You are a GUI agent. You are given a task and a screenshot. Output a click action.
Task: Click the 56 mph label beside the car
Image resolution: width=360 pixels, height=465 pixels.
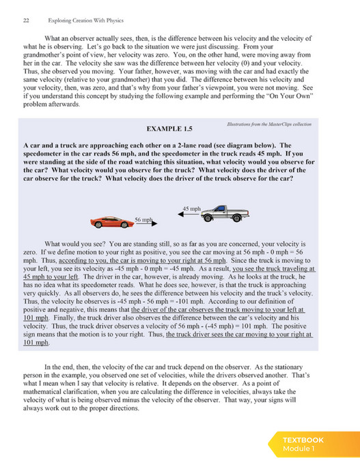pos(143,219)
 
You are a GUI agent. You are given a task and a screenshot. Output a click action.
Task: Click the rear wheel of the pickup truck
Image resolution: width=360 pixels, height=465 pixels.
pos(236,218)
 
